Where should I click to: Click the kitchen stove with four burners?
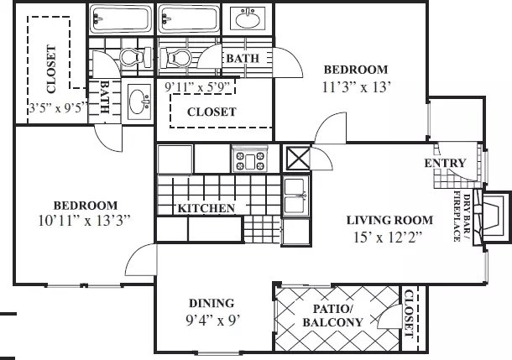[250, 159]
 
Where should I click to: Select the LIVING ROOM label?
[389, 221]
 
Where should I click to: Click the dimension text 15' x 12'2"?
[388, 237]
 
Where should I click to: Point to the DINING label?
[212, 303]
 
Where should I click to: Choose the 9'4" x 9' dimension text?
[213, 321]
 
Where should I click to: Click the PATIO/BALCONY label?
[332, 316]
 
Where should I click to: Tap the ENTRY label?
[445, 163]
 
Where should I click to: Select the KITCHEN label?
[206, 208]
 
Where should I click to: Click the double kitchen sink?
[295, 196]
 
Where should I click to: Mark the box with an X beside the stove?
[298, 159]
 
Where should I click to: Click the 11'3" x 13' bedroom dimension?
[357, 87]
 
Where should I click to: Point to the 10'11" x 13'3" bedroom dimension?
[84, 221]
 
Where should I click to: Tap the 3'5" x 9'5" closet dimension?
[59, 107]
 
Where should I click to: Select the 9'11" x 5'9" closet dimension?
[200, 87]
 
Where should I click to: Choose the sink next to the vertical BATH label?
[139, 102]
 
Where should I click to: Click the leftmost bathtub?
[121, 18]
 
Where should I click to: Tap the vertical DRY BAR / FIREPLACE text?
[462, 217]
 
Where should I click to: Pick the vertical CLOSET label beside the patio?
[409, 314]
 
